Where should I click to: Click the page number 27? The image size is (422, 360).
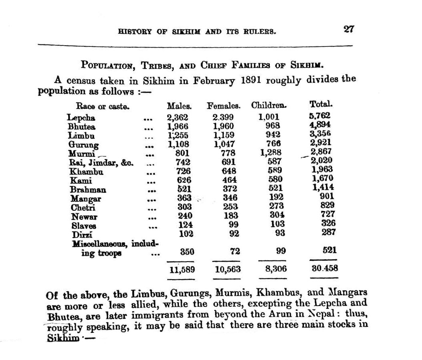(348, 30)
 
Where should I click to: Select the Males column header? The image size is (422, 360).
(179, 106)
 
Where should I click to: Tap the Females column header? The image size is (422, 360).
(223, 106)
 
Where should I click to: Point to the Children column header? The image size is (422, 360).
(269, 106)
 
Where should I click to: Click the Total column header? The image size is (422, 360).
(321, 104)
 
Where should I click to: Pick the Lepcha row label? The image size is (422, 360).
(81, 118)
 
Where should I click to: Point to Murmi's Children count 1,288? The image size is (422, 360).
(271, 152)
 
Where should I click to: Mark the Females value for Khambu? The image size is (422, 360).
(229, 171)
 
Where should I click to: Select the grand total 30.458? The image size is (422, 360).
(324, 269)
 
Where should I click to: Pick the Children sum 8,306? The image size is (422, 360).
(276, 269)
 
